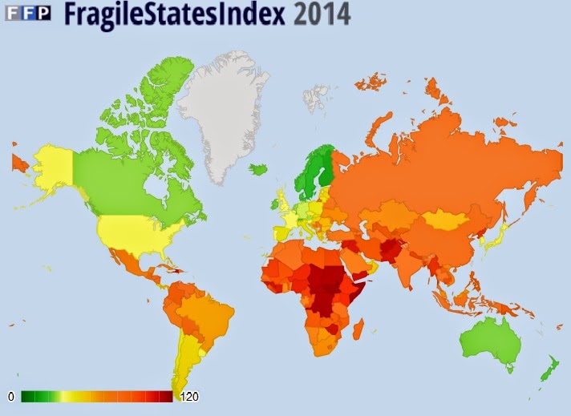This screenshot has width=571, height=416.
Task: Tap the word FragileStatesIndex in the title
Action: tap(164, 14)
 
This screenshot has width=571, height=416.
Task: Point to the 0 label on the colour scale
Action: tap(11, 397)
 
